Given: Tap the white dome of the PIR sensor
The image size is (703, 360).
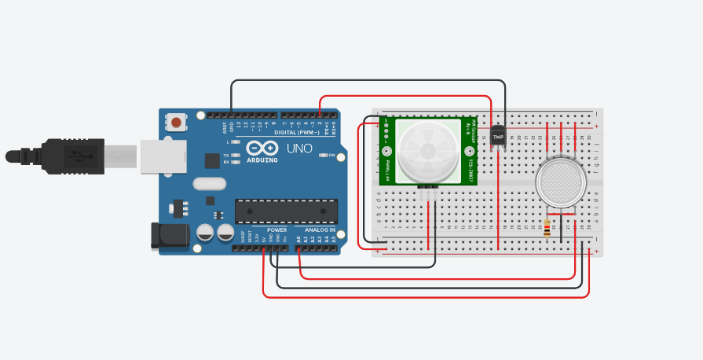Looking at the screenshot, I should click(x=428, y=149).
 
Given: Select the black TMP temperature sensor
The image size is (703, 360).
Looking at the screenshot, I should click(x=497, y=136).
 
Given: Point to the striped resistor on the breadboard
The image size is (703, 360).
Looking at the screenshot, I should click(x=547, y=228).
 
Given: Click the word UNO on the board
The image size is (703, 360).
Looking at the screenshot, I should click(x=298, y=149).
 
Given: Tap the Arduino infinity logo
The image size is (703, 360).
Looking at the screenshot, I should click(x=262, y=148).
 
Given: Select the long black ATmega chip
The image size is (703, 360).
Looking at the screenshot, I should click(x=286, y=211).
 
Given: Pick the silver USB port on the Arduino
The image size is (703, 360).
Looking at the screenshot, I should click(x=162, y=156).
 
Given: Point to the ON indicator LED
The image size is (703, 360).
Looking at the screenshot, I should click(x=322, y=156).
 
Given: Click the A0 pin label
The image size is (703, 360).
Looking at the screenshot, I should click(x=299, y=238).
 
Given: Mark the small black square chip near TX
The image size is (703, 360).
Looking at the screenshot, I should click(x=212, y=160).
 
